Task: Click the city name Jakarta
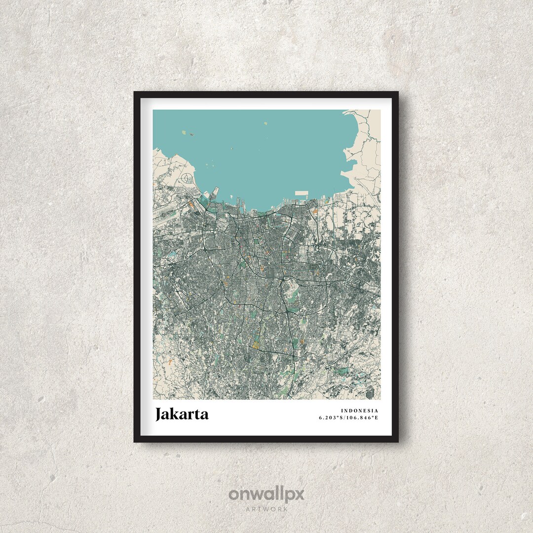(x=182, y=414)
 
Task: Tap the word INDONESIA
(x=359, y=411)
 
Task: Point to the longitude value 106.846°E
(x=363, y=418)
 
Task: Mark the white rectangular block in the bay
(x=301, y=194)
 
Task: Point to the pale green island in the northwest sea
(x=183, y=132)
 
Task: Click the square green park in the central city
(x=256, y=242)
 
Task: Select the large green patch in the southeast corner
(x=343, y=370)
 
